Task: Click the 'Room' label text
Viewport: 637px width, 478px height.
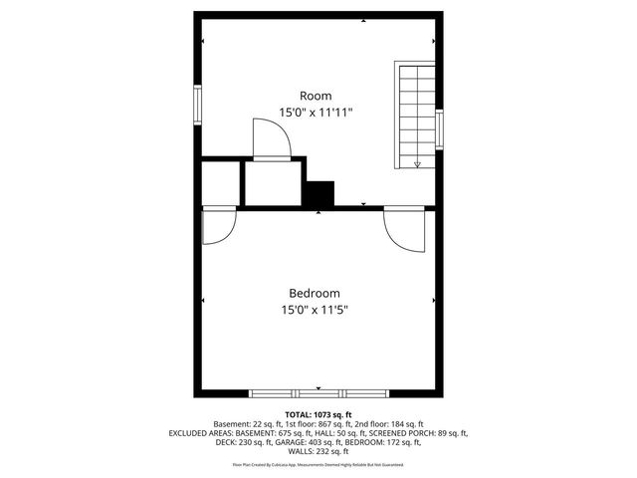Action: coord(317,96)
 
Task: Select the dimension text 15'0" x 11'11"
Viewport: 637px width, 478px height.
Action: coord(317,113)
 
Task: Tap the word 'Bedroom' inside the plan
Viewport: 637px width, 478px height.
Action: coord(315,294)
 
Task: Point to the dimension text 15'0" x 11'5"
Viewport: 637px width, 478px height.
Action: coord(315,310)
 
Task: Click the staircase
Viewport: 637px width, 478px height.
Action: coord(417,116)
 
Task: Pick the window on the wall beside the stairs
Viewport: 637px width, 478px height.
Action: coord(439,128)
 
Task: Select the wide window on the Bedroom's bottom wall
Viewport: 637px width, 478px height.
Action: coord(298,391)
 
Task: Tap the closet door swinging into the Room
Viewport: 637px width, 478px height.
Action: coord(271,138)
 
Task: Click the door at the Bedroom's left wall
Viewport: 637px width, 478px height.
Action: coord(216,226)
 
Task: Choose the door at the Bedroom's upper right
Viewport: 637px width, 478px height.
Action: coord(404,230)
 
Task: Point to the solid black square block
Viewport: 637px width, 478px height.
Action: coord(319,193)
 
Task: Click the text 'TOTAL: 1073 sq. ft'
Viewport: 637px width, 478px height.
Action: coord(318,414)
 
